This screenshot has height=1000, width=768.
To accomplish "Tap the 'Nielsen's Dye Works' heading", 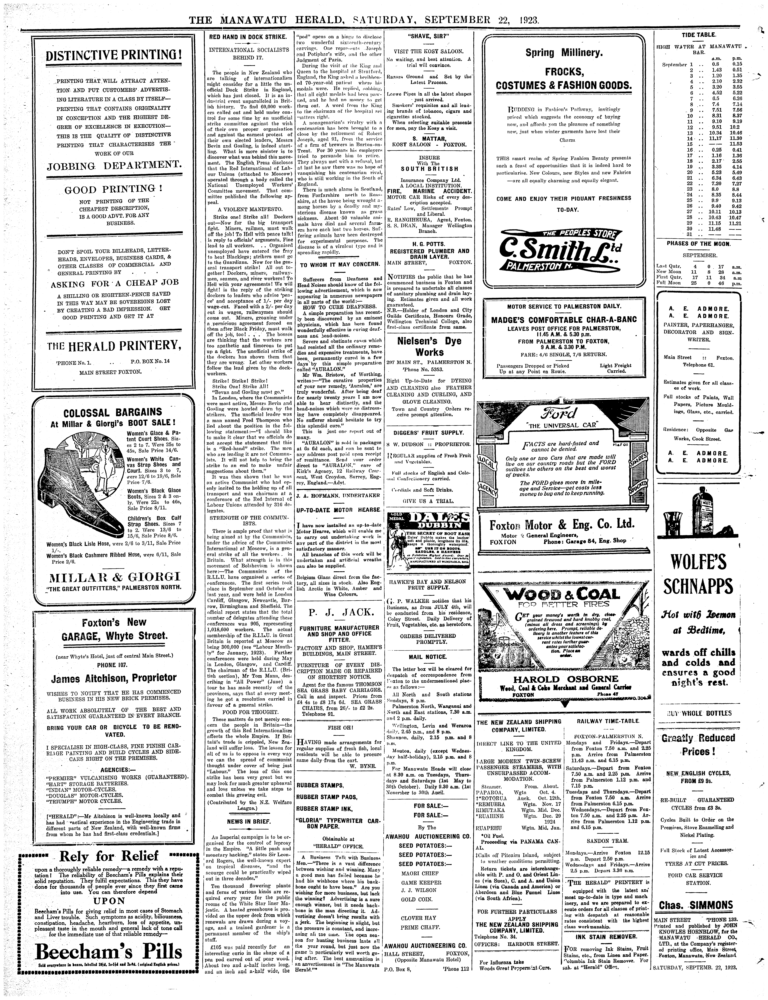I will [x=429, y=346].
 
